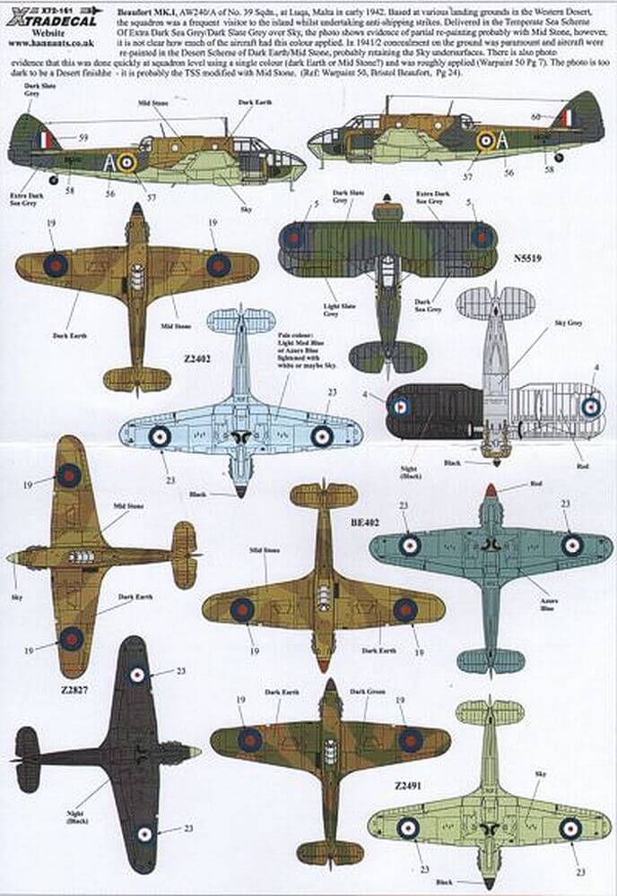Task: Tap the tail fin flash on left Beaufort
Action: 48,139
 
